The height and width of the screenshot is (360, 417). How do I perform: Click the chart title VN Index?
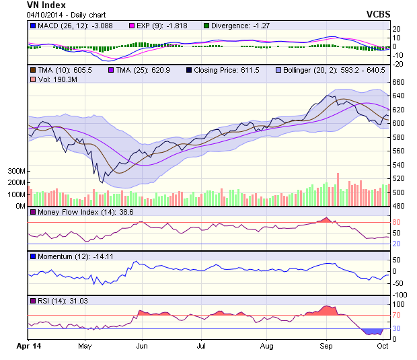pos(46,5)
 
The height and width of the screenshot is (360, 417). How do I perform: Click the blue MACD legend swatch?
pos(32,26)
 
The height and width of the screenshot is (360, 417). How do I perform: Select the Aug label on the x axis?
pos(267,347)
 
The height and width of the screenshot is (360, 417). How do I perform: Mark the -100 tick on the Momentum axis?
pos(401,295)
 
